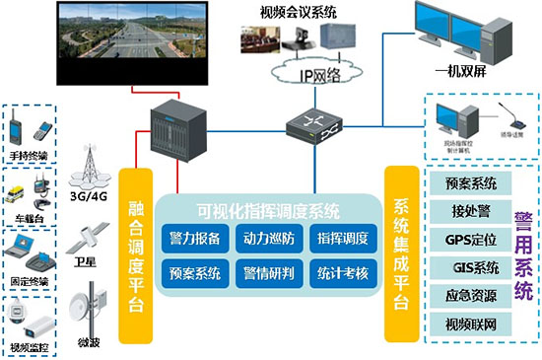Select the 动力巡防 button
(267, 238)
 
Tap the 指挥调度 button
(341, 238)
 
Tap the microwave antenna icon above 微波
(94, 303)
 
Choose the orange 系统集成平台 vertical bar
(401, 243)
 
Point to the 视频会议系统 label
(295, 13)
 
